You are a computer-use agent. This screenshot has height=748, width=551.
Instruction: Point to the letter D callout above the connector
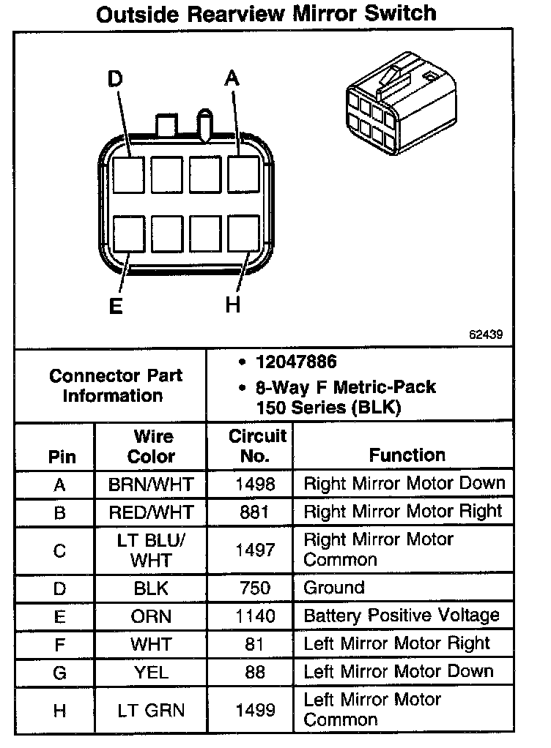[116, 78]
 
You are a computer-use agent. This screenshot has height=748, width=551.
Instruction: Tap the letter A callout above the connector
[232, 78]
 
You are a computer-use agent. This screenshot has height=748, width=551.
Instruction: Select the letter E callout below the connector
[116, 305]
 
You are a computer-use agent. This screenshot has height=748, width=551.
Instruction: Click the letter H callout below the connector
[233, 305]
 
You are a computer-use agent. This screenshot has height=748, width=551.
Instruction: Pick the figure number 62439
[486, 335]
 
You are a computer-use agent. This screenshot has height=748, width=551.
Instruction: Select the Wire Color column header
[152, 446]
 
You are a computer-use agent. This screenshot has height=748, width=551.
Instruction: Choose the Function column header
[407, 455]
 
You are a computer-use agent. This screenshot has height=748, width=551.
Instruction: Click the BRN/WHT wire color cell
[151, 484]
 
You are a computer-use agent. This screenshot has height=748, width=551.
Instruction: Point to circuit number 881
[254, 512]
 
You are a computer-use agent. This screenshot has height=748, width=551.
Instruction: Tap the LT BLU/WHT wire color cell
[151, 550]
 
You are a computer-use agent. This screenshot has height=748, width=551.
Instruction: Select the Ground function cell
[333, 588]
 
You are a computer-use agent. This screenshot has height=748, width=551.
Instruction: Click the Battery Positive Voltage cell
[401, 616]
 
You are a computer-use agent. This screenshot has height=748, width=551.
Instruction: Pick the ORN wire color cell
[151, 616]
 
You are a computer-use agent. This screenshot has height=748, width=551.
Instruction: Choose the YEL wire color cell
[151, 671]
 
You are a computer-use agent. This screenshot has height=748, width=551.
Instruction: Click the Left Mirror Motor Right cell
[396, 643]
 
